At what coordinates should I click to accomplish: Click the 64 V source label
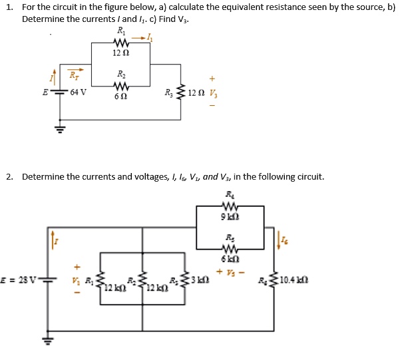click(x=79, y=92)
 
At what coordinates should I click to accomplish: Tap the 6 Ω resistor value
click(x=120, y=96)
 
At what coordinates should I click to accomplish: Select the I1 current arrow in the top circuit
click(x=144, y=39)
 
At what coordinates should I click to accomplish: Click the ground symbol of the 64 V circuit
click(x=60, y=128)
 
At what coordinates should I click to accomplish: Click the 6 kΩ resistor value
click(x=230, y=259)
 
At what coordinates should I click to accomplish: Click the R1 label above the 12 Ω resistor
click(x=120, y=31)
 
